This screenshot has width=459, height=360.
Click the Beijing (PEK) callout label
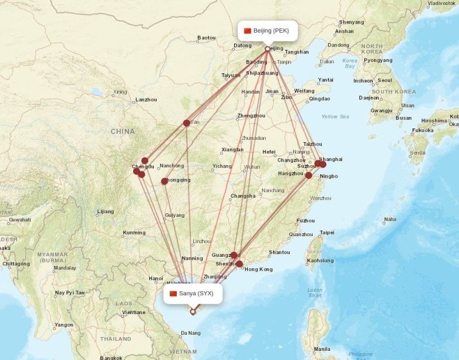(268, 31)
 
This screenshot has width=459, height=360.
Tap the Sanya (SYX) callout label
(192, 294)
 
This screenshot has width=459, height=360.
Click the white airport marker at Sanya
(193, 312)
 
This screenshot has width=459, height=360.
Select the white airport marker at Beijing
(267, 49)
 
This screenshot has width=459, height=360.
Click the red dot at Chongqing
(165, 181)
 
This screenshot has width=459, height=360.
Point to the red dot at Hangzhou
(309, 175)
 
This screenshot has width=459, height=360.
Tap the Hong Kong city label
(258, 269)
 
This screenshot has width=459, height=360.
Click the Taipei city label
(326, 233)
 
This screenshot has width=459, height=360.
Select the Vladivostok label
(442, 3)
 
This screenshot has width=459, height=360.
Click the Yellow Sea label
(335, 116)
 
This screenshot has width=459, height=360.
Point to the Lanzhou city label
(146, 100)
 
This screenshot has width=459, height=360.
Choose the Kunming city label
(134, 233)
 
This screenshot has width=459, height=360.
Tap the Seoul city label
(385, 80)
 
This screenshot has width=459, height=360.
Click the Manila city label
(322, 349)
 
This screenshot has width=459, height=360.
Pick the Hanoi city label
(155, 279)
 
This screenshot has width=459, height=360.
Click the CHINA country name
(123, 131)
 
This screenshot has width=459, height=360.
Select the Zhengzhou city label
(251, 116)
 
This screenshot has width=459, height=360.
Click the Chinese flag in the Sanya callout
(173, 294)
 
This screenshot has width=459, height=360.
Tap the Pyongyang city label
(378, 60)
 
